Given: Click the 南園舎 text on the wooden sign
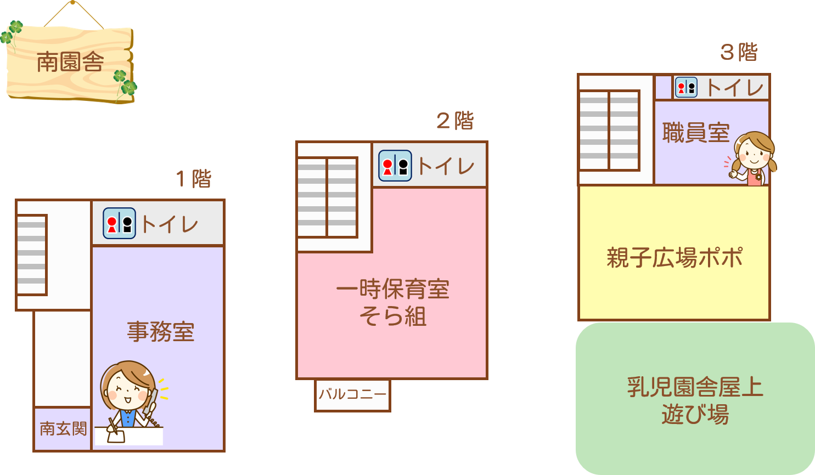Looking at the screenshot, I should [x=70, y=62].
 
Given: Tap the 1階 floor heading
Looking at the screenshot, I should [x=193, y=179].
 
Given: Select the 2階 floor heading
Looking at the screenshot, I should [x=454, y=121].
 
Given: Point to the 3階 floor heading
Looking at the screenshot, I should [x=739, y=53].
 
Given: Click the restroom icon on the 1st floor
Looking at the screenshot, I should [x=119, y=223].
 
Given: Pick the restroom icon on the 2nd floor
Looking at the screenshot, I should [x=395, y=166].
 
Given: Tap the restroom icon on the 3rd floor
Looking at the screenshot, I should [x=685, y=87].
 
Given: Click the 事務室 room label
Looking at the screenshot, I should [x=161, y=332].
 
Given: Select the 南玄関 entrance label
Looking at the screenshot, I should [x=63, y=428].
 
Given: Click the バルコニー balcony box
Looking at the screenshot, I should [x=352, y=394].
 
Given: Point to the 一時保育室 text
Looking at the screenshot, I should [x=392, y=290].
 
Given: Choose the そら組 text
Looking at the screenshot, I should [x=392, y=316].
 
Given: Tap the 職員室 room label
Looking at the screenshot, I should [x=695, y=133].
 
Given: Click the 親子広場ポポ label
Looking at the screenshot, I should [x=675, y=257].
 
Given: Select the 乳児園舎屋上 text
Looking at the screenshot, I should [x=695, y=387].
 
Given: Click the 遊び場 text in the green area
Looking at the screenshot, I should [x=695, y=415].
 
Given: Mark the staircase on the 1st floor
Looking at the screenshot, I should [x=31, y=255].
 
